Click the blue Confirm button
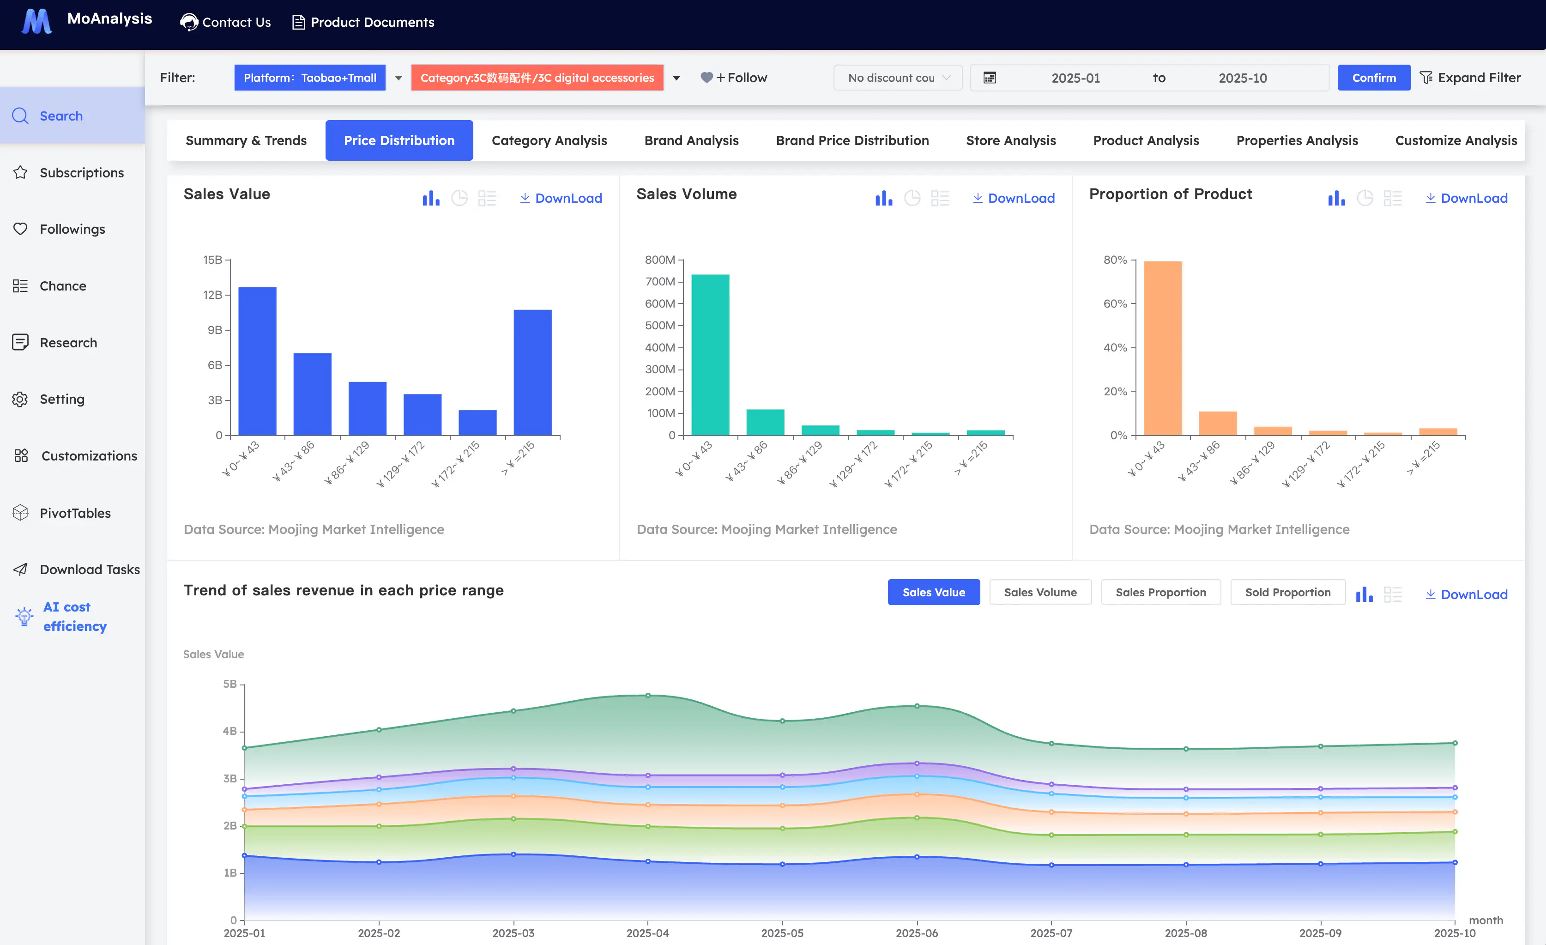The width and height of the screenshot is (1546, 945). tap(1373, 78)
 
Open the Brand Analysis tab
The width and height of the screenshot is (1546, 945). tap(691, 140)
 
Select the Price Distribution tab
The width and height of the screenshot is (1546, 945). tap(399, 140)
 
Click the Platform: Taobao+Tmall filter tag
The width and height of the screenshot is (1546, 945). tap(309, 78)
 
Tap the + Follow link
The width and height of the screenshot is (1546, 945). tap(734, 78)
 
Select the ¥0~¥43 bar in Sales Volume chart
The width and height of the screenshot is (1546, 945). tap(710, 355)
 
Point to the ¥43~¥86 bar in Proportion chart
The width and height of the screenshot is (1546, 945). tap(1217, 423)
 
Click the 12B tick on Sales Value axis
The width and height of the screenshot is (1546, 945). tap(213, 295)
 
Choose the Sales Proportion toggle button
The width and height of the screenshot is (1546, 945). tap(1160, 592)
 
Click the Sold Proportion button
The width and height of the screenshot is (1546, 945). tap(1287, 592)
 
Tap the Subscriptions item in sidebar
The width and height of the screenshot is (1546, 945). tap(82, 173)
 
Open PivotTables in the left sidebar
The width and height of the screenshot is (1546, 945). tap(75, 513)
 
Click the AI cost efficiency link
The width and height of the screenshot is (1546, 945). tap(74, 616)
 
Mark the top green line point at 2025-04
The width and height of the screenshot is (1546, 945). tap(647, 695)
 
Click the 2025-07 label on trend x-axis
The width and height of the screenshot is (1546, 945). tap(1051, 933)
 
